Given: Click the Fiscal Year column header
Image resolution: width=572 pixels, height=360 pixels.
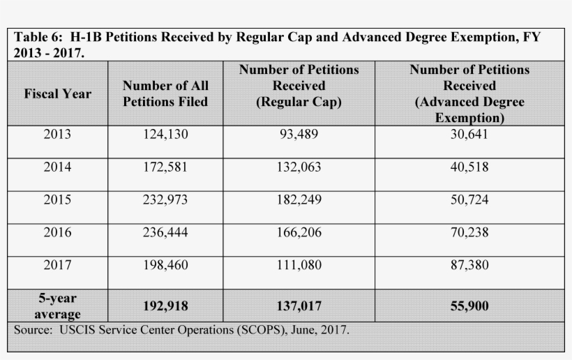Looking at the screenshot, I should click(x=57, y=93).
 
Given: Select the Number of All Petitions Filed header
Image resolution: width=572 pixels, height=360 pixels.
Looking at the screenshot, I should click(x=165, y=93).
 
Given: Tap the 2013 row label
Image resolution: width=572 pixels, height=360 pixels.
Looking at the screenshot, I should click(x=57, y=134).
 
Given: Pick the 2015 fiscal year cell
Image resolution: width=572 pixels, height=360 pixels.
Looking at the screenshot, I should click(x=57, y=200).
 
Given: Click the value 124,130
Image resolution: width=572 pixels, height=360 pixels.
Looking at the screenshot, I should click(x=165, y=134).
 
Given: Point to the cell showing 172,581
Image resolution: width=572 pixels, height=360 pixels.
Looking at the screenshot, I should click(x=165, y=167).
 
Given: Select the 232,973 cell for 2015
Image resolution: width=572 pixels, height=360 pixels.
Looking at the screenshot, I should click(x=165, y=200).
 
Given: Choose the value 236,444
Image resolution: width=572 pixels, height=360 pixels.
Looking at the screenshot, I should click(x=165, y=232).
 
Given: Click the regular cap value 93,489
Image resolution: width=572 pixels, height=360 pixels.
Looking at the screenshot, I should click(x=299, y=134).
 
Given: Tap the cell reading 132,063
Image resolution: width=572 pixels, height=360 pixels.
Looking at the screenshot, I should click(x=299, y=167).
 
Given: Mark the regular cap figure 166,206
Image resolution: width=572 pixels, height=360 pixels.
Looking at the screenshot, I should click(x=299, y=232).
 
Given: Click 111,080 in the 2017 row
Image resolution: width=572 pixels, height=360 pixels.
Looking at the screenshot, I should click(x=299, y=265).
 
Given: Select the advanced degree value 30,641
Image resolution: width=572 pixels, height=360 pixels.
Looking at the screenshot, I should click(x=469, y=134).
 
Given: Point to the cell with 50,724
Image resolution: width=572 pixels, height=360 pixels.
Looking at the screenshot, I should click(x=469, y=200).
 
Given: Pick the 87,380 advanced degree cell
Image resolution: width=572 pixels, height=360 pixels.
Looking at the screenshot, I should click(x=469, y=265).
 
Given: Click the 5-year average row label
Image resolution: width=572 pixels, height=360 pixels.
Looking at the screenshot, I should click(x=57, y=306).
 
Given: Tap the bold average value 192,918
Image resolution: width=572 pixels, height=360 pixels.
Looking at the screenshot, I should click(x=165, y=306).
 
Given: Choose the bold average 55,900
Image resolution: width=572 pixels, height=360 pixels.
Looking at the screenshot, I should click(x=469, y=306).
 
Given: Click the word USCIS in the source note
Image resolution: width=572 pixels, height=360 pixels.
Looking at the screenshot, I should click(x=81, y=329).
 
